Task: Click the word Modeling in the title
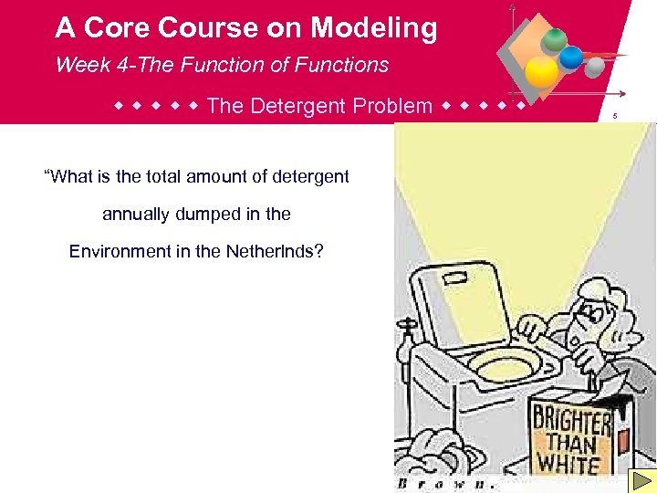pyautogui.click(x=374, y=28)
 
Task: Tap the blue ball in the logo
pyautogui.click(x=571, y=58)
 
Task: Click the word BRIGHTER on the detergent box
pyautogui.click(x=572, y=423)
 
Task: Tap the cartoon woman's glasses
pyautogui.click(x=589, y=313)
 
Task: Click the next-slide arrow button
pyautogui.click(x=642, y=480)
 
